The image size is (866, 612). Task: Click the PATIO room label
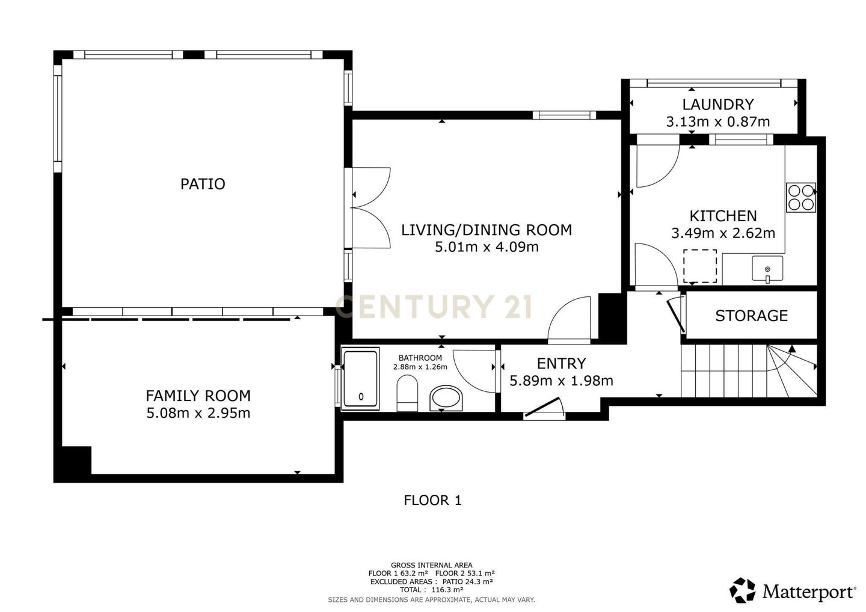click(x=203, y=184)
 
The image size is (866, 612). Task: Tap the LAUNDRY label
click(x=718, y=105)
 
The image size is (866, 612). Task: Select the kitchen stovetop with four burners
click(x=801, y=197)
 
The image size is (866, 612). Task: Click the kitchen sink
click(x=767, y=269)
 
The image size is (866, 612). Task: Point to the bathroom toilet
click(x=408, y=393)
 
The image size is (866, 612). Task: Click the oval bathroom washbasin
click(x=446, y=398)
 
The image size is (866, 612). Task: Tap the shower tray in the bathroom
click(x=360, y=378)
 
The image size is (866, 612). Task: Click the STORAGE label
click(x=751, y=316)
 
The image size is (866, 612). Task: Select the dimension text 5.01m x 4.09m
click(x=487, y=247)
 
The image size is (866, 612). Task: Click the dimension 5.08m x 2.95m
click(x=198, y=413)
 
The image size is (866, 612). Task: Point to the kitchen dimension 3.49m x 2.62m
click(x=723, y=233)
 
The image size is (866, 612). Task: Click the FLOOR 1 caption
click(x=432, y=500)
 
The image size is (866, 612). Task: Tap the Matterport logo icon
click(x=742, y=590)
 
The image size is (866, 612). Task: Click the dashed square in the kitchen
click(x=700, y=266)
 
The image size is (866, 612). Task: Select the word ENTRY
click(x=561, y=364)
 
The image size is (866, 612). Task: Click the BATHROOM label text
click(x=420, y=358)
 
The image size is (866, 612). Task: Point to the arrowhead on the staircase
click(x=792, y=349)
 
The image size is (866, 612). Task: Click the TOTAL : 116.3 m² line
click(x=431, y=590)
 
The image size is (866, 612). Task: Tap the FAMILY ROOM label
click(x=198, y=396)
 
